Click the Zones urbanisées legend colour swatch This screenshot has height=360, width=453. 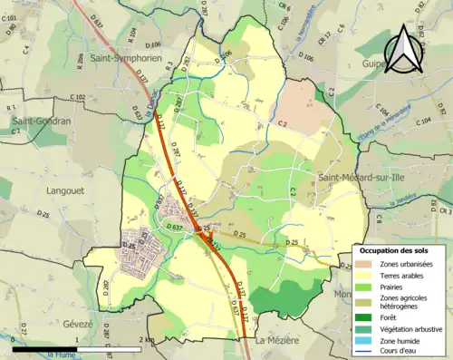pos(363,264)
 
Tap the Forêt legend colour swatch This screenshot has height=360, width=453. pos(363,318)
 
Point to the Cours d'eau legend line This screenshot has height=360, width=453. pos(363,352)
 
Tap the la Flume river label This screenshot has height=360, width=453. pos(61,354)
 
